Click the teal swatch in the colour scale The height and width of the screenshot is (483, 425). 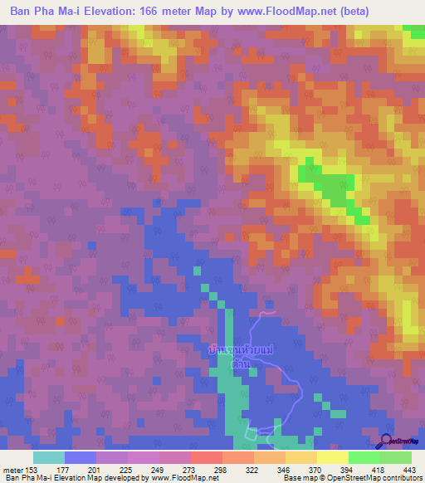point(49,457)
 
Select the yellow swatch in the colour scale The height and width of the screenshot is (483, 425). point(332,457)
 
